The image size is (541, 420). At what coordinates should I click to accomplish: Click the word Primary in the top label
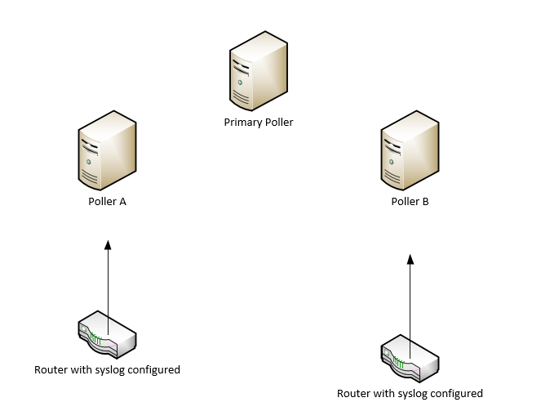tap(241, 123)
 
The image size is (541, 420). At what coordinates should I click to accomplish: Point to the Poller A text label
tap(107, 202)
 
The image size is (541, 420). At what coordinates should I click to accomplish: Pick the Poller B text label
tap(410, 202)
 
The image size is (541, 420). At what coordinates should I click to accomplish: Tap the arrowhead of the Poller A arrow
tap(107, 244)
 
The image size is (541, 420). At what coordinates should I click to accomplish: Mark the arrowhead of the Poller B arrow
tap(410, 259)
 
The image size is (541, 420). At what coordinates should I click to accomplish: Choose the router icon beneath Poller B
tap(410, 358)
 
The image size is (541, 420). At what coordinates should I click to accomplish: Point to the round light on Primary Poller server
tap(241, 83)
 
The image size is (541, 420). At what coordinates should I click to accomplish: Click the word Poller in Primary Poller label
tap(277, 123)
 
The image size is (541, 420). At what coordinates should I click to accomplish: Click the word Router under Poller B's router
tap(354, 394)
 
